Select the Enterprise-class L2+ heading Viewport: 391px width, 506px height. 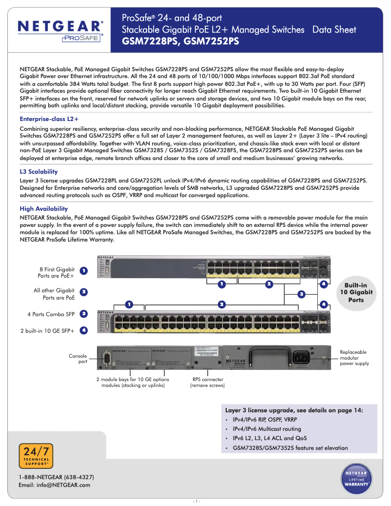tap(49, 119)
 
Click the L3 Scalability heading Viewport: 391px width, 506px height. tap(39, 172)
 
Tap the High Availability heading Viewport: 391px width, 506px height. tap(44, 209)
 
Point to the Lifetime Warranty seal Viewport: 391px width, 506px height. tap(356, 479)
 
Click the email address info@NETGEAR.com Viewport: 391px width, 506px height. tap(55, 485)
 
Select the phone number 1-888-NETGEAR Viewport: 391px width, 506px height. tap(56, 477)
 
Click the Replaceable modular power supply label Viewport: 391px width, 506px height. tap(354, 358)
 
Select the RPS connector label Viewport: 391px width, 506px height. tap(208, 382)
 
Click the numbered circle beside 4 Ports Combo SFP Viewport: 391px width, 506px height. tap(84, 314)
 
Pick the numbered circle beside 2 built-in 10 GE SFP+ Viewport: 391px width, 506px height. tap(84, 330)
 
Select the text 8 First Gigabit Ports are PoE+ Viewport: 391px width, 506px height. tap(56, 272)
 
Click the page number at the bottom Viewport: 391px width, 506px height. tap(195, 501)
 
